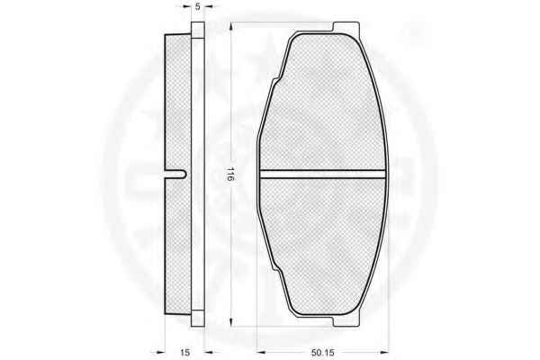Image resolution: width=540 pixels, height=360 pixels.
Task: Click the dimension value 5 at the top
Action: (x=198, y=6)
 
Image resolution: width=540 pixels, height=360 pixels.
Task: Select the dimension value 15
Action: (x=184, y=353)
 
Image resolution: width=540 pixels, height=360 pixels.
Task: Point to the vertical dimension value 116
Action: (x=230, y=175)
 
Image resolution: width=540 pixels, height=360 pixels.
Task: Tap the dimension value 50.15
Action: (x=323, y=353)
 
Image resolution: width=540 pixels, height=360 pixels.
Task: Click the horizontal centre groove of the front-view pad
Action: (x=323, y=175)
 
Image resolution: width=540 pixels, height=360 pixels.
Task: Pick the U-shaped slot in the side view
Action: (x=175, y=175)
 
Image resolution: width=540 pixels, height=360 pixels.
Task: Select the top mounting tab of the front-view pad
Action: (x=346, y=28)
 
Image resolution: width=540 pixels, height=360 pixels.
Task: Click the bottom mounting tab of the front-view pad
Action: (x=346, y=320)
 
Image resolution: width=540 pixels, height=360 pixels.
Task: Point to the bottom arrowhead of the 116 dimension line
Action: (x=233, y=322)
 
